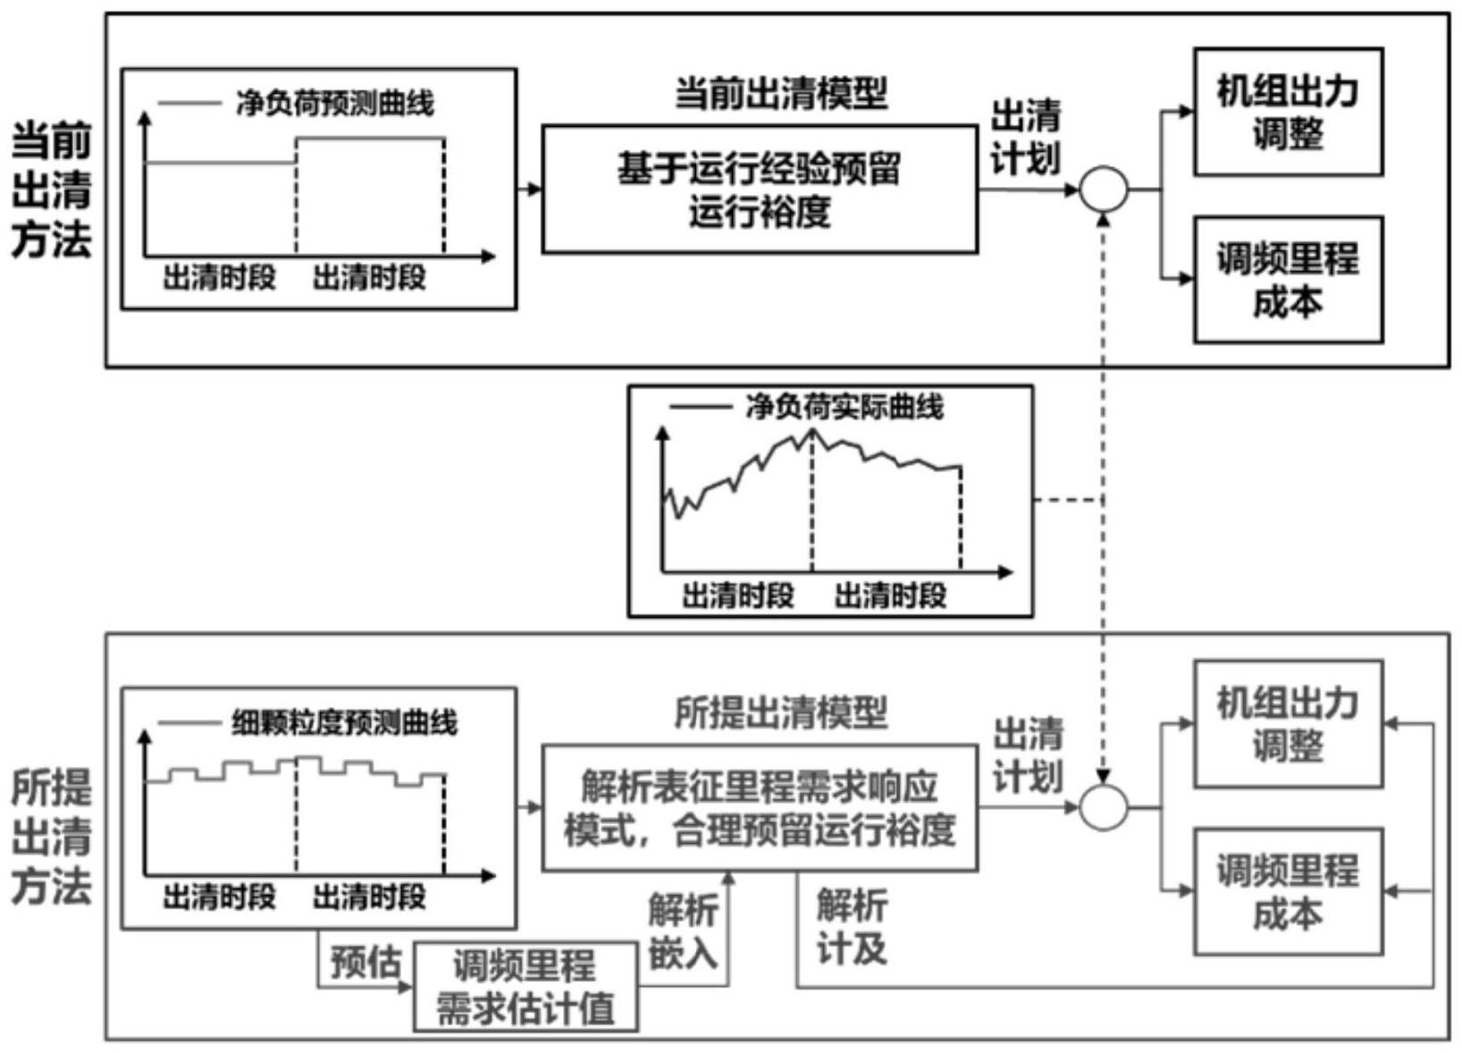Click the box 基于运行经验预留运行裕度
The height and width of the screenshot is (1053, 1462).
tap(760, 190)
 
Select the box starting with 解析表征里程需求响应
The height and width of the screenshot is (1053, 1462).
tap(760, 808)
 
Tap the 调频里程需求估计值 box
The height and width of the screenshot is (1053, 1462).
tap(525, 987)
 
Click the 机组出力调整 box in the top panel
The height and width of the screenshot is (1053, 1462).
tap(1288, 113)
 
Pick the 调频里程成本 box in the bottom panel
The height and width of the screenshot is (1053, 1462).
tap(1288, 891)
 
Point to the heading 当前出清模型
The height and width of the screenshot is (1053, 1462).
tap(780, 93)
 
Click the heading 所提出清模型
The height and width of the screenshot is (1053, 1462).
tap(780, 712)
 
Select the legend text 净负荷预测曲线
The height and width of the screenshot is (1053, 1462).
tap(335, 104)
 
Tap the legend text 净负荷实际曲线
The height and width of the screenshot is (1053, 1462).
tap(844, 408)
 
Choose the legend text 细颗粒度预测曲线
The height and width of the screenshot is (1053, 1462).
tap(344, 722)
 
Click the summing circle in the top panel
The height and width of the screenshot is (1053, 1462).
tap(1104, 190)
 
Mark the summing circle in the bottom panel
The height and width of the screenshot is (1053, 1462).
tap(1104, 808)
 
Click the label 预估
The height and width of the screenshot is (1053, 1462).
tap(365, 962)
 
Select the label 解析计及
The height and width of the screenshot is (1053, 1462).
tap(852, 928)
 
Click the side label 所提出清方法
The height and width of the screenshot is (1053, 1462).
tap(51, 837)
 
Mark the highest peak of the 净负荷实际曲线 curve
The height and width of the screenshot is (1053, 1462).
tap(812, 430)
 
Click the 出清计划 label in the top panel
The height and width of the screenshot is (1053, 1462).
tap(1026, 137)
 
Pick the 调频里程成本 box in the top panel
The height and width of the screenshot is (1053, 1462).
tap(1288, 280)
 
